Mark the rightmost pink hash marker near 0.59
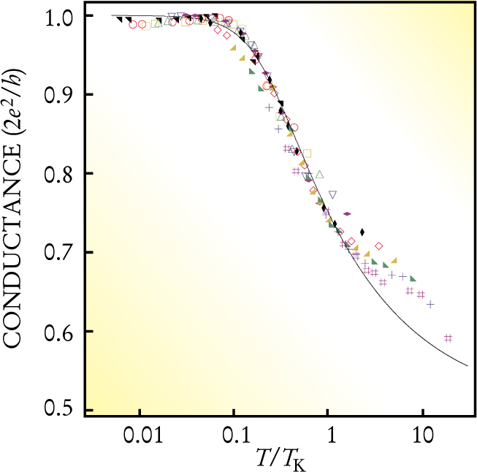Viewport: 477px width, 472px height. click(x=449, y=338)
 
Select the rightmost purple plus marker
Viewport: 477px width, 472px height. click(x=431, y=304)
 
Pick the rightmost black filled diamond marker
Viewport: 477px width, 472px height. click(x=362, y=232)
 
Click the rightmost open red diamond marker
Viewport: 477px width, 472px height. click(x=379, y=245)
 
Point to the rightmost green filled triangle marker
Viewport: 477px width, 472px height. click(x=413, y=278)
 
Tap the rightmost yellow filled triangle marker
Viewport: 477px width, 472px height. click(x=394, y=260)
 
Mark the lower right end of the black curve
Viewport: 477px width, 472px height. click(x=467, y=366)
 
